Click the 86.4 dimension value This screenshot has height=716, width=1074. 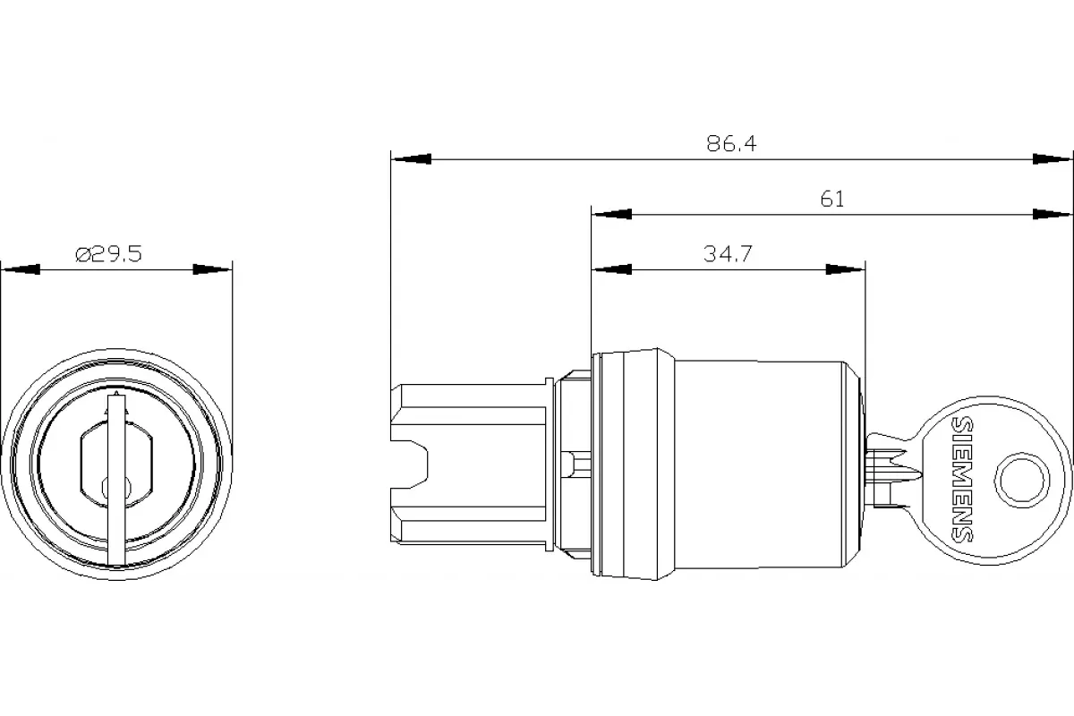pos(731,143)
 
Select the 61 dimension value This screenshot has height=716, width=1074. pos(831,199)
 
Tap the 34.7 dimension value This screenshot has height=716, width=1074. pos(728,253)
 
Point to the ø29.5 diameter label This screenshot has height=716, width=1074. pos(109,253)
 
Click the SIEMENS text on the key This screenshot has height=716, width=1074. pos(962,479)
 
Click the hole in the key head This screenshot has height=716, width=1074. pos(1022,480)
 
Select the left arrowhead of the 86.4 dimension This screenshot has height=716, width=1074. pos(412,159)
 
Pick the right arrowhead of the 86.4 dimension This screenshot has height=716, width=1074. pos(1052,159)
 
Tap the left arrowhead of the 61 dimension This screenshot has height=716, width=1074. pos(611,215)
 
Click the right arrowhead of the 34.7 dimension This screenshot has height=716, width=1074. pos(845,269)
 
